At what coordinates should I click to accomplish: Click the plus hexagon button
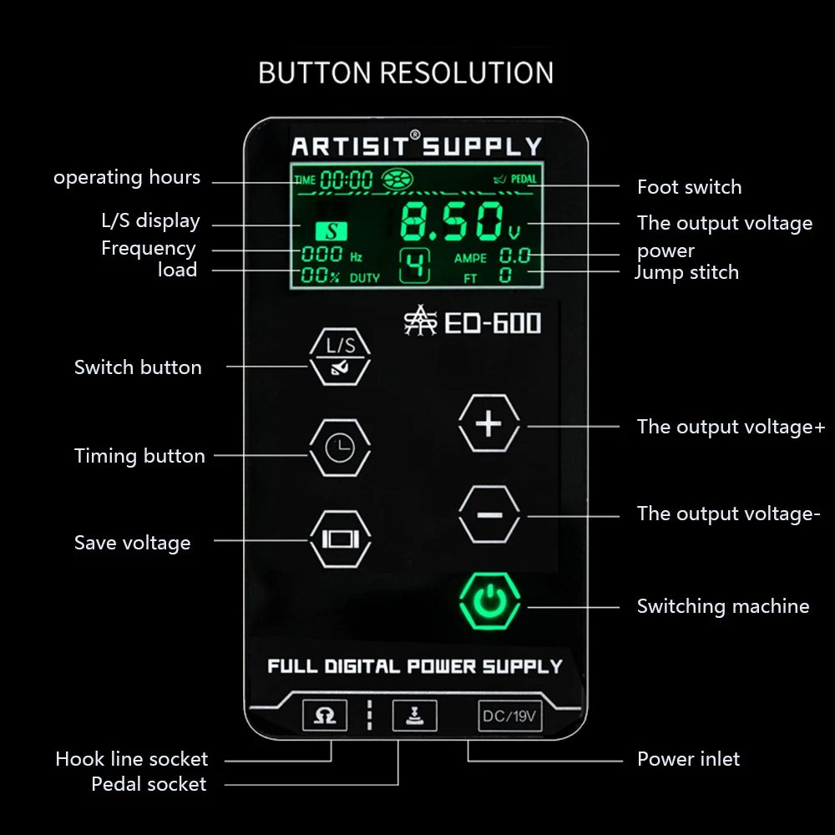click(x=489, y=424)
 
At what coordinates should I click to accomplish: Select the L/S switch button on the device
click(x=340, y=355)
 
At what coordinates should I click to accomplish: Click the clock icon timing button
click(x=340, y=449)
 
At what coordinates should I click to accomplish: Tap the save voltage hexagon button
click(x=340, y=539)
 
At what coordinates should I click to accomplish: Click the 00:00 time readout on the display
click(x=347, y=180)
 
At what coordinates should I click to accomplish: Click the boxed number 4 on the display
click(x=416, y=266)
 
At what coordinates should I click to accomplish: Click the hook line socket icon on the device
click(x=324, y=716)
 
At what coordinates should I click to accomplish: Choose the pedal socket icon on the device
click(x=414, y=716)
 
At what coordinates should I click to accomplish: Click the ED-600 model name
click(x=492, y=323)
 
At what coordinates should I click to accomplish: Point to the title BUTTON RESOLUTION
click(x=406, y=73)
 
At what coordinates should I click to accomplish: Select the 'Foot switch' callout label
click(x=689, y=187)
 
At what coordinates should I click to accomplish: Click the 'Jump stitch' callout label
click(x=686, y=272)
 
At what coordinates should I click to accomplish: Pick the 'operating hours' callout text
click(x=127, y=178)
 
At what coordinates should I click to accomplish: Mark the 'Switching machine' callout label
click(x=723, y=606)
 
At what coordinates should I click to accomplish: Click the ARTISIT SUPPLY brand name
click(x=417, y=147)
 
